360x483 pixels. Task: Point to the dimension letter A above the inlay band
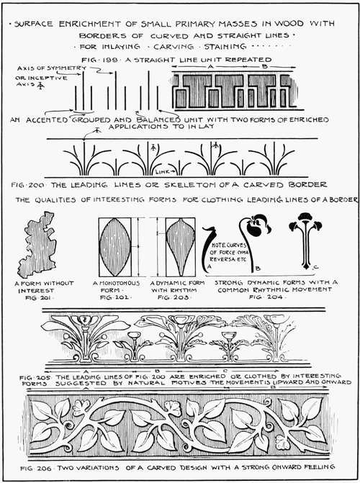coord(210,65)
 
